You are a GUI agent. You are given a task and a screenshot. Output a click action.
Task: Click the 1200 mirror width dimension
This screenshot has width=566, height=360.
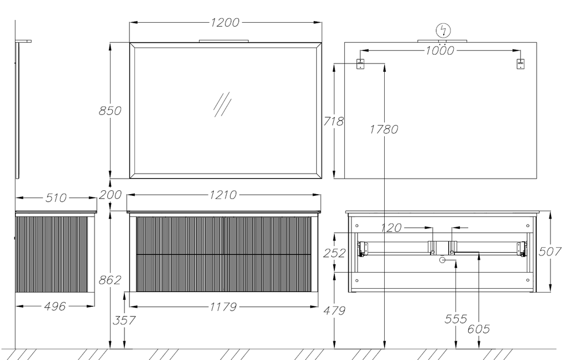[x=225, y=22]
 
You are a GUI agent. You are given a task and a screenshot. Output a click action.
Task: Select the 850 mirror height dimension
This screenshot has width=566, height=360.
[x=110, y=111]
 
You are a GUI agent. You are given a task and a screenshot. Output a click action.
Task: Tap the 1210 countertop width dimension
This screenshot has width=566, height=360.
[x=223, y=195]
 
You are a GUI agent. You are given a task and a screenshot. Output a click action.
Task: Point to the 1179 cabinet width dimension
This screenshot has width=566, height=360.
[x=223, y=307]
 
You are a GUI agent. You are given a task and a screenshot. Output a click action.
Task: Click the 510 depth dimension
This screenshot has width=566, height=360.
[x=56, y=198]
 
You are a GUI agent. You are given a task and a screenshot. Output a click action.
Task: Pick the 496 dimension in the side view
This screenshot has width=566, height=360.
[x=55, y=306]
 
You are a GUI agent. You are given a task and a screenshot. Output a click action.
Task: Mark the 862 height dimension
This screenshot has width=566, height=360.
[x=110, y=280]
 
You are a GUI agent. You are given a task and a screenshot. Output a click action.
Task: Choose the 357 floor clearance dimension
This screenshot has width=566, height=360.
[x=124, y=320]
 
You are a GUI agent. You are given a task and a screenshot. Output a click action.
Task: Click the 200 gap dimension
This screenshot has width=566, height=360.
[x=110, y=195]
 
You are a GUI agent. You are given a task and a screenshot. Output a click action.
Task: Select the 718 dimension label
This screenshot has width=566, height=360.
[x=333, y=121]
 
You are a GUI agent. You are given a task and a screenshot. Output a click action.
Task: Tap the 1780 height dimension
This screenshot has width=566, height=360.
[x=384, y=129]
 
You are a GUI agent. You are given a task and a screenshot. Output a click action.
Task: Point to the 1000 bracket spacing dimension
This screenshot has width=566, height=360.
[x=439, y=50]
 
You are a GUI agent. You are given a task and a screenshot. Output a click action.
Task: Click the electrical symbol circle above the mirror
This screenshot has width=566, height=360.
[x=444, y=31]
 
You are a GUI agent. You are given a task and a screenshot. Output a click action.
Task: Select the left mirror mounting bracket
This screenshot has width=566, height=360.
[x=360, y=64]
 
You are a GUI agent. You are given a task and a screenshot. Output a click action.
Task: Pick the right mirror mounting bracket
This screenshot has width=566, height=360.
[x=520, y=64]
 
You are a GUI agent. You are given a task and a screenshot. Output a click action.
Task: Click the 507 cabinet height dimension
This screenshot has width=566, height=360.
[x=550, y=251]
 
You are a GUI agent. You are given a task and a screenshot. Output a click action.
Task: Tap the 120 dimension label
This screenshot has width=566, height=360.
[x=391, y=228]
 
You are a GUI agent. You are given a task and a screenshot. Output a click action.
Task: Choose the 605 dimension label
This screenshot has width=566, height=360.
[x=479, y=329]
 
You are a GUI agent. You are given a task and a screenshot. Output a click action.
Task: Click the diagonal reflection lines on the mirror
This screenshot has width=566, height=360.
[x=222, y=105]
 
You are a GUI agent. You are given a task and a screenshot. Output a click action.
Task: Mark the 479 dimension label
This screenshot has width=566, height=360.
[x=334, y=311]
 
